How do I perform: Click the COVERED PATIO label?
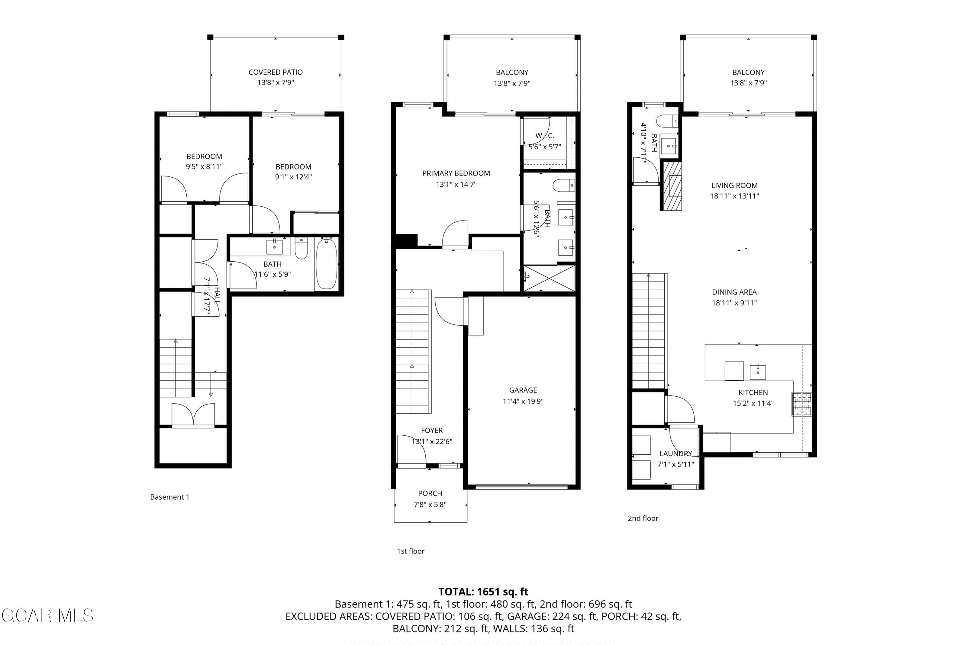(276, 72)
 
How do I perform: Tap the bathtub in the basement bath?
(327, 264)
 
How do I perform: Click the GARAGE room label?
(523, 390)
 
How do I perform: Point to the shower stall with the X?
(549, 279)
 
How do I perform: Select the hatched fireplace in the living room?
(671, 186)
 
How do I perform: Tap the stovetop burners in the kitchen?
(802, 404)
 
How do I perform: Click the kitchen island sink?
(758, 372)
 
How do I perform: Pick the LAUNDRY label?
(676, 453)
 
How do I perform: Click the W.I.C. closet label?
(544, 135)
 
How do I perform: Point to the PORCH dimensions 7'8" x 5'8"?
(430, 504)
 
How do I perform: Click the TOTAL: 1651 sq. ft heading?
(483, 591)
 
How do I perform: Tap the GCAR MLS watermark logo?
(47, 615)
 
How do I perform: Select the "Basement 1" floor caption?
(170, 497)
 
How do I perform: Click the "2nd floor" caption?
(643, 518)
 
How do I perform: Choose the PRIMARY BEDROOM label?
(456, 173)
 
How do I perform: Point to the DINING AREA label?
(734, 292)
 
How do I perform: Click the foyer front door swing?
(411, 449)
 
